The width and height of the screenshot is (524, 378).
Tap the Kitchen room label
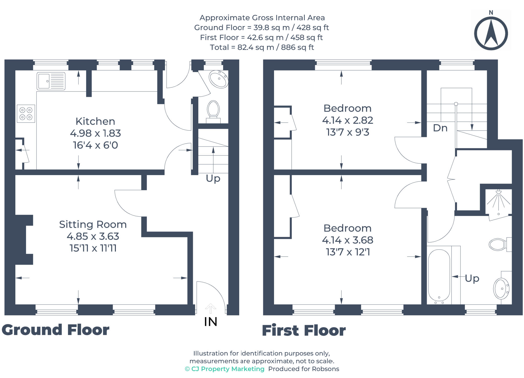[x=95, y=121]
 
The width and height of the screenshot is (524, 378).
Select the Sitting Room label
[x=93, y=224]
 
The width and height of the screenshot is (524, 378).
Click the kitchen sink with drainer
[x=51, y=81]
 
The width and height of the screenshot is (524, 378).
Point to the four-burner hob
[x=26, y=114]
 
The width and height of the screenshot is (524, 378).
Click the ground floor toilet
[x=213, y=111]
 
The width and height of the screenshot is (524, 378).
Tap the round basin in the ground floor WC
[x=219, y=79]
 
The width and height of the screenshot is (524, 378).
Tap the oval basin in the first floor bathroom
[x=501, y=289]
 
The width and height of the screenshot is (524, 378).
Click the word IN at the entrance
[x=211, y=322]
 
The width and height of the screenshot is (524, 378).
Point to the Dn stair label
[x=440, y=128]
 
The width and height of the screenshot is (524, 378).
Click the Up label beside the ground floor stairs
[x=213, y=178]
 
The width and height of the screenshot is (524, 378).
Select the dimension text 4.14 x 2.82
[x=347, y=120]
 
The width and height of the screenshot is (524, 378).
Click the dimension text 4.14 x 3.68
[x=347, y=240]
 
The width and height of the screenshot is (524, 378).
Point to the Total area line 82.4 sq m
[x=262, y=47]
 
